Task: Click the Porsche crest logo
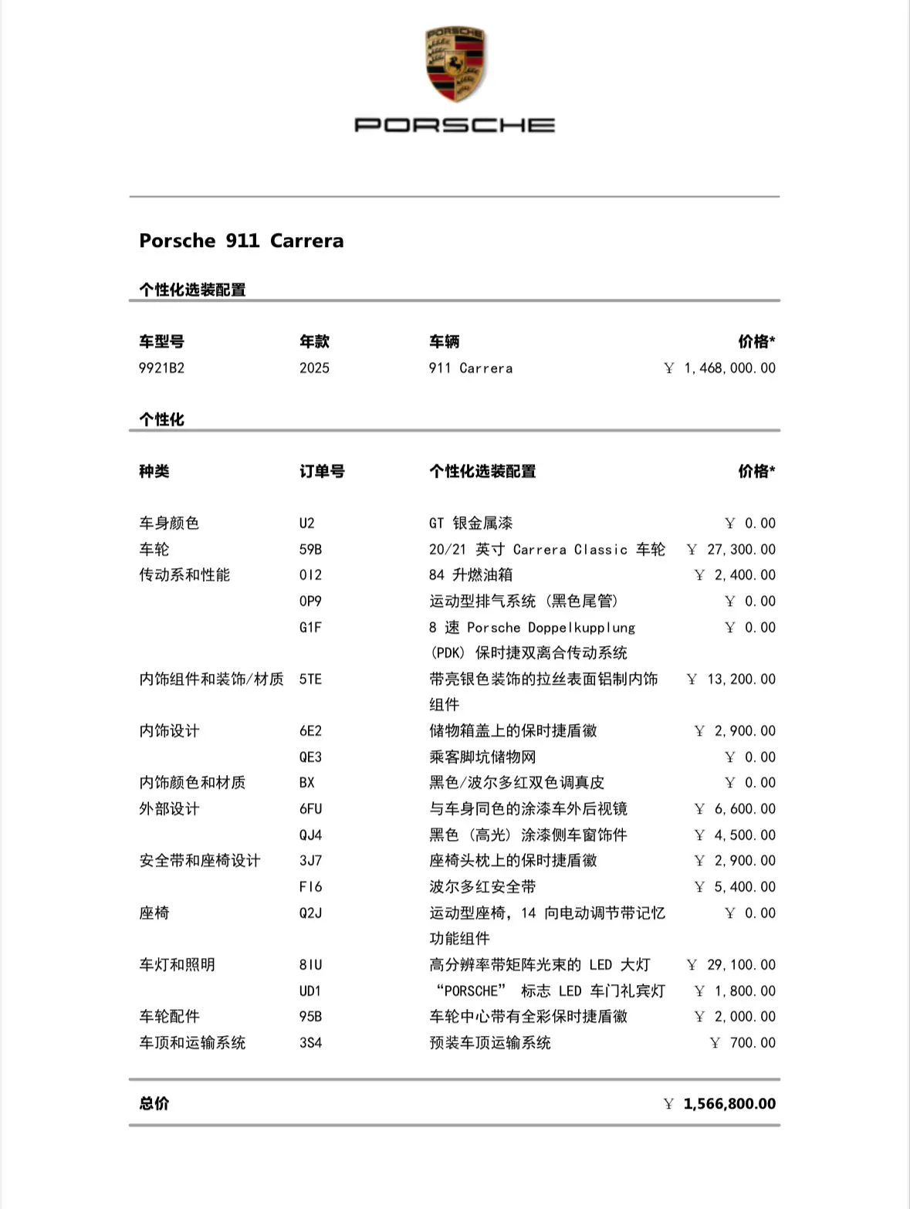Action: click(455, 65)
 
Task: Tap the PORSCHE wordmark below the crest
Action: click(455, 125)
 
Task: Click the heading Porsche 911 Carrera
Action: click(242, 241)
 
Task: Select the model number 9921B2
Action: click(161, 368)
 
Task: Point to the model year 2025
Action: click(314, 368)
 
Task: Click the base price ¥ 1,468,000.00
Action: click(719, 368)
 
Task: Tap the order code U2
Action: click(307, 523)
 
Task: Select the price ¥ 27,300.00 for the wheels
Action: click(731, 550)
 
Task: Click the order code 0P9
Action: click(310, 601)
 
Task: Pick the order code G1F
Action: click(310, 628)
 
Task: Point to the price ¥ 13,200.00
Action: click(731, 679)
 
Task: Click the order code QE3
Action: click(310, 757)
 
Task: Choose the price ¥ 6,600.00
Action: click(735, 809)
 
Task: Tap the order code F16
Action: click(310, 887)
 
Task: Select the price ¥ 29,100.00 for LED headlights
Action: click(731, 965)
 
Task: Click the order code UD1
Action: click(310, 991)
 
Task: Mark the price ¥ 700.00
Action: click(743, 1043)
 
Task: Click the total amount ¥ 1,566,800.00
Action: click(719, 1104)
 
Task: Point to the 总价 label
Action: click(154, 1104)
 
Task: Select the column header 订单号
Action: click(322, 472)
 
